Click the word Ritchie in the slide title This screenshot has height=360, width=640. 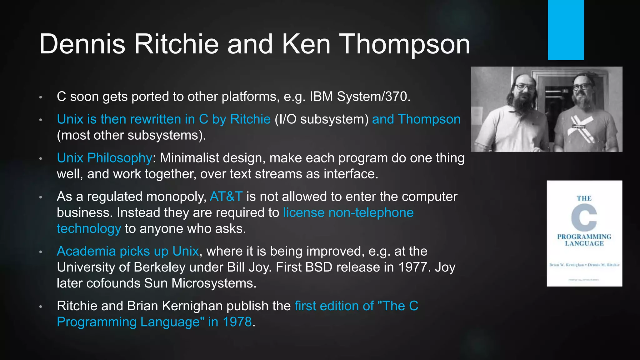pyautogui.click(x=176, y=44)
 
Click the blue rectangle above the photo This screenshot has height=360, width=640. pyautogui.click(x=566, y=30)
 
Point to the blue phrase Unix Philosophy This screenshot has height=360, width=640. pyautogui.click(x=104, y=158)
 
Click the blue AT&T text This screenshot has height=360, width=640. pyautogui.click(x=226, y=197)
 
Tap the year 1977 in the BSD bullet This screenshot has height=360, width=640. pyautogui.click(x=414, y=267)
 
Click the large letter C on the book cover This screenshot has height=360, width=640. pyautogui.click(x=584, y=217)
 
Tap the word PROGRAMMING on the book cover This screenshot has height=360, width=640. pyautogui.click(x=584, y=237)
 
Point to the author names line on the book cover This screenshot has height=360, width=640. pyautogui.click(x=584, y=265)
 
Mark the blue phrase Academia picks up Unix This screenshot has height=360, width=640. pyautogui.click(x=128, y=251)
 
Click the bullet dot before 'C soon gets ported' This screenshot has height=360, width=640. pyautogui.click(x=41, y=97)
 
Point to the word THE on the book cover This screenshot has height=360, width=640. pyautogui.click(x=584, y=198)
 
